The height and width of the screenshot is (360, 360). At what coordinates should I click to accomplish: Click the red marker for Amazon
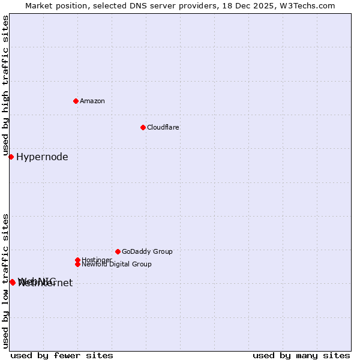coord(76,101)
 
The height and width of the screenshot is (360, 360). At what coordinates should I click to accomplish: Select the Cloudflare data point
coord(143,127)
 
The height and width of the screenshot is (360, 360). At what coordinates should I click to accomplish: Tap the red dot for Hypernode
coord(11,157)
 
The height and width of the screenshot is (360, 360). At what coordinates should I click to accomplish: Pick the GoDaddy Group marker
coord(118,251)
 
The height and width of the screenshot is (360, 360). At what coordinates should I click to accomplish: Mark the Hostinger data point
coord(77,260)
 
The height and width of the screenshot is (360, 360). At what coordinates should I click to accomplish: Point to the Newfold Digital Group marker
coord(77,264)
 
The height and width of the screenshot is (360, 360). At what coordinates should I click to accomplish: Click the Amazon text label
coord(92,101)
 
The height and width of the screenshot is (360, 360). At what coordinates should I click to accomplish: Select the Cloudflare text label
coord(163,127)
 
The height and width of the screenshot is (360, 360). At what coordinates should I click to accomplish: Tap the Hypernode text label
coord(42,157)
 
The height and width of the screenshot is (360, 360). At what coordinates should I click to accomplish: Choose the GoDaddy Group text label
coord(147,251)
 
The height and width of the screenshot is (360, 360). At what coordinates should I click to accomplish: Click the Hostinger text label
coord(97,260)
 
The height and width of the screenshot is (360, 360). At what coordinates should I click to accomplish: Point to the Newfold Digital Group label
coord(116,264)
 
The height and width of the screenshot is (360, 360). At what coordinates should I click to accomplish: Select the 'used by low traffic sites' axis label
coord(6,280)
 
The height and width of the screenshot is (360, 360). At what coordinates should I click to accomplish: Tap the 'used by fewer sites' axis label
coord(62,355)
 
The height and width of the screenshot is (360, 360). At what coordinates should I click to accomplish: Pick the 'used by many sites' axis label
coord(301,355)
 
